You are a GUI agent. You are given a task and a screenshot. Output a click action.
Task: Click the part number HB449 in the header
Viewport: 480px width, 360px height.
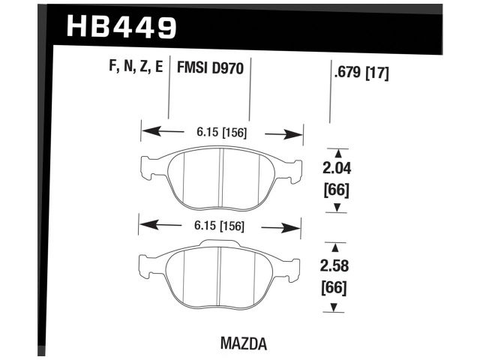coord(121,27)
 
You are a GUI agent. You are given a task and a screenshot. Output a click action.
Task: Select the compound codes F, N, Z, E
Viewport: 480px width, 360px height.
coord(136,66)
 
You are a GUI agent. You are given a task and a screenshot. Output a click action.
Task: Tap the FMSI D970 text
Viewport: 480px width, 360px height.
coord(210,67)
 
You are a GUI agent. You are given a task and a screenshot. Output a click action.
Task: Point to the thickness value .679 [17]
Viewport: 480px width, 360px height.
coord(361,73)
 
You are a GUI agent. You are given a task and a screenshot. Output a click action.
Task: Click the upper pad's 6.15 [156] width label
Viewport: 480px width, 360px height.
coord(222,133)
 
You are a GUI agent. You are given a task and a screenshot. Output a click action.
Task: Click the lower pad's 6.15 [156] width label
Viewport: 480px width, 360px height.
coord(219,226)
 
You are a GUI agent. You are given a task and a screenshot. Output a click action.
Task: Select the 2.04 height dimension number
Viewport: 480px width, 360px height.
coord(337,169)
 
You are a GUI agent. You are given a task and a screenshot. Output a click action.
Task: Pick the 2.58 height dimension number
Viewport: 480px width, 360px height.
coord(334,266)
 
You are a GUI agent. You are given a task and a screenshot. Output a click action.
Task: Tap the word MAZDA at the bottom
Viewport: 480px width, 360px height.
coord(244,343)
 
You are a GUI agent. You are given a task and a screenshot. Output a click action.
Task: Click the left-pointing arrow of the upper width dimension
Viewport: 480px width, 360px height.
coord(163,131)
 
